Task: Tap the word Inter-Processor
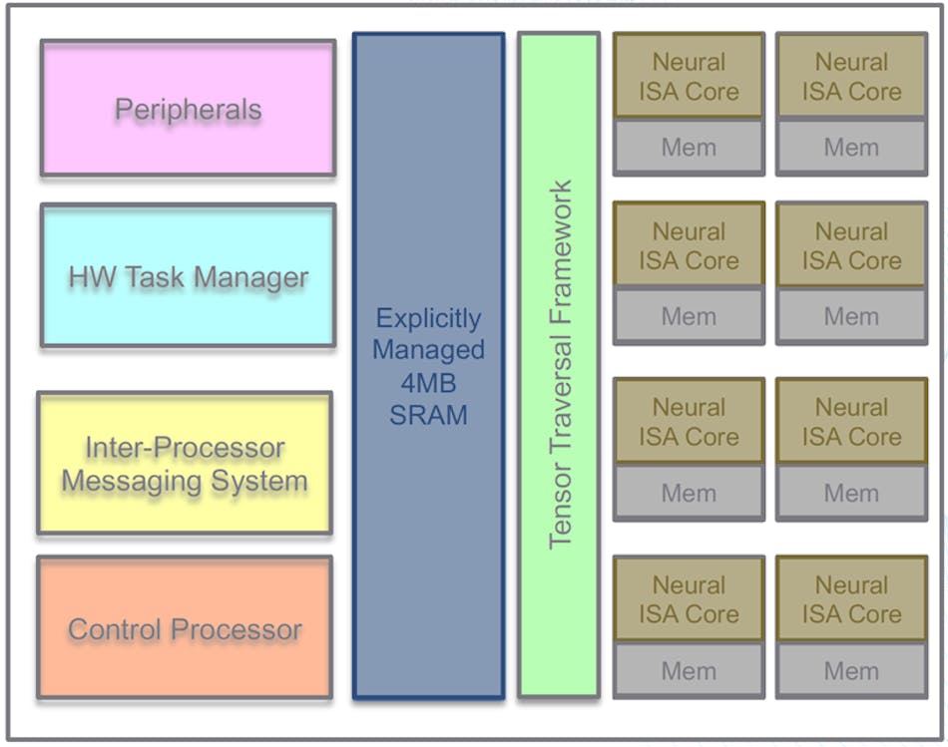185,448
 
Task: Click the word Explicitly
428,319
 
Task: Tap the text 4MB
428,382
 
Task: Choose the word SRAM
428,414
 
